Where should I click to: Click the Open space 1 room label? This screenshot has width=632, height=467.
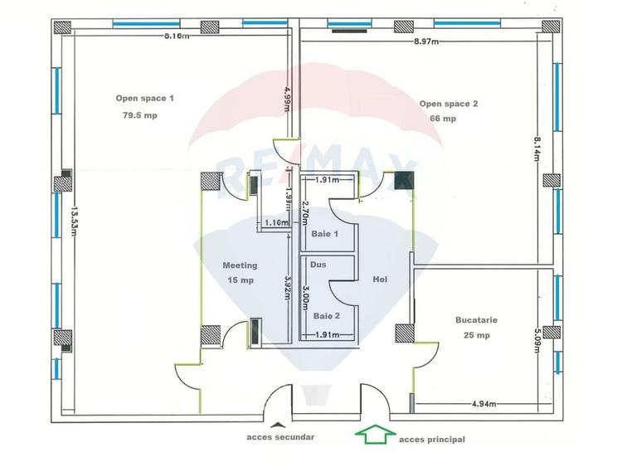[x=144, y=98]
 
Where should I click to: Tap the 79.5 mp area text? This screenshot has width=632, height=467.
[x=139, y=115]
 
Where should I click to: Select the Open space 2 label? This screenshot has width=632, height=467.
[x=449, y=104]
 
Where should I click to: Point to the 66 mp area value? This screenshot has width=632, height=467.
[x=442, y=119]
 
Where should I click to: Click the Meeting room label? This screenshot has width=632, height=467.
[x=240, y=265]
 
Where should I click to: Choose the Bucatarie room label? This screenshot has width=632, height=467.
[x=476, y=319]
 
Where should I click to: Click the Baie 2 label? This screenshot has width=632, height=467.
[x=326, y=315]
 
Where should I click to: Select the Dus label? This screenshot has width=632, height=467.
[x=318, y=265]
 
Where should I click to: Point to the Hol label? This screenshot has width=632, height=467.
[x=381, y=280]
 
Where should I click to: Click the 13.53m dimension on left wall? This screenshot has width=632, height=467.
[x=75, y=221]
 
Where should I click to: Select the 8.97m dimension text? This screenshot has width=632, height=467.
[x=427, y=41]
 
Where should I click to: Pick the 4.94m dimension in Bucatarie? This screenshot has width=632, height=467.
[x=484, y=404]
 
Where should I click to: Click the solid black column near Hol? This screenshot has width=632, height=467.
[x=404, y=179]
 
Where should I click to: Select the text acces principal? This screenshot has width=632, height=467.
[x=432, y=439]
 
